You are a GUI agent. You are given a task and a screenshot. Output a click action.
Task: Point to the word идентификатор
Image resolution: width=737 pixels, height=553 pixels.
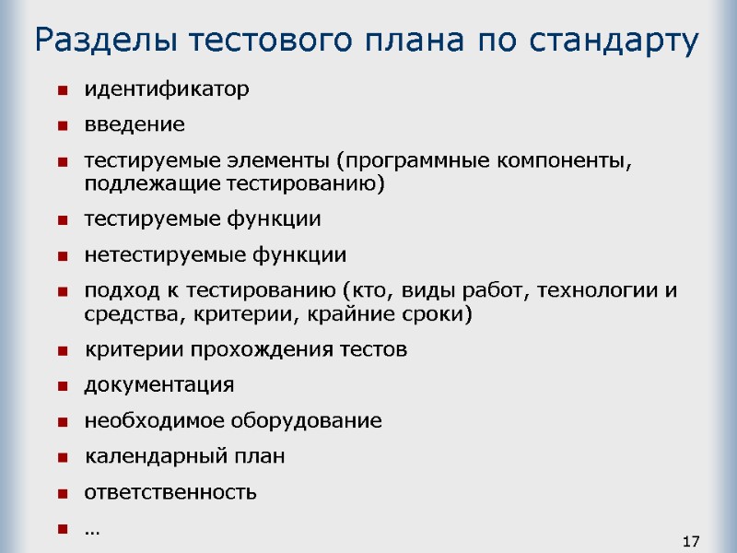(167, 89)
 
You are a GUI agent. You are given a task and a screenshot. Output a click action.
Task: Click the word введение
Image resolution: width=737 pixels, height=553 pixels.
(135, 124)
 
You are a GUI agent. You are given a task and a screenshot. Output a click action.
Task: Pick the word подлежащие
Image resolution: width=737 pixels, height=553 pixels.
(139, 183)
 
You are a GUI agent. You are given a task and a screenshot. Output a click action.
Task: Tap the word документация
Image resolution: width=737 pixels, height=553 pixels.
(159, 384)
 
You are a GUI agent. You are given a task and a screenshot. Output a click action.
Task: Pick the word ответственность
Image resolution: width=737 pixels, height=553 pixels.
(171, 492)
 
